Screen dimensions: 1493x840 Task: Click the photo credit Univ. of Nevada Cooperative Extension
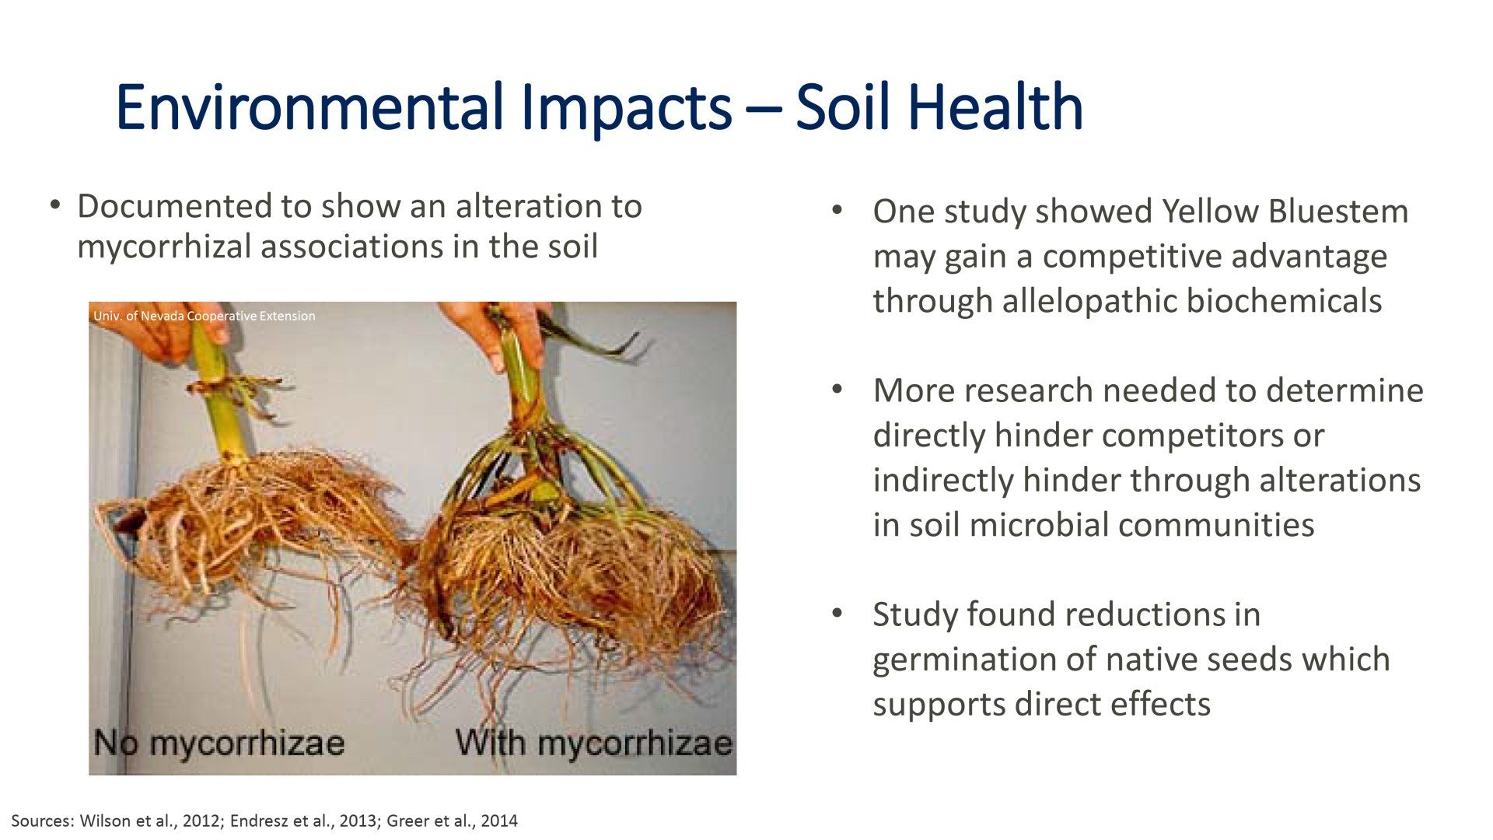pos(205,316)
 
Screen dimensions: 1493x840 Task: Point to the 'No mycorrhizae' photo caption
pos(219,742)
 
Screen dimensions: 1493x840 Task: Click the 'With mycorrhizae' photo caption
pos(594,742)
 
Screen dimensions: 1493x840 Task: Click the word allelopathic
pos(1089,301)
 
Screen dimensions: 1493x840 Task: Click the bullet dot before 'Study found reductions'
pos(837,614)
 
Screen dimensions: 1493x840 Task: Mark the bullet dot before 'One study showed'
pos(837,211)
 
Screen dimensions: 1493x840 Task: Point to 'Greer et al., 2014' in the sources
pos(451,821)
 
